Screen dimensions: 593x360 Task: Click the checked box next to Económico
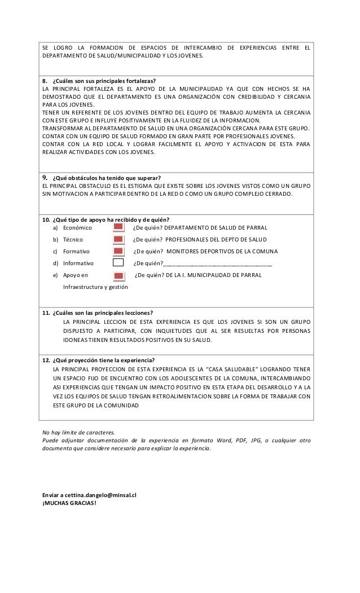(x=118, y=227)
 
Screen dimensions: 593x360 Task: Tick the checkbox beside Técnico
(x=118, y=239)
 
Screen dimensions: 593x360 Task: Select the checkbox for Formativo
(x=118, y=251)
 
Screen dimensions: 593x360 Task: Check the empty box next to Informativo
(x=118, y=263)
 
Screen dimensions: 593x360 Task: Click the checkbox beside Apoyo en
(x=118, y=275)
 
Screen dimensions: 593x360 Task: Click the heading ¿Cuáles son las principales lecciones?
(x=102, y=313)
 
